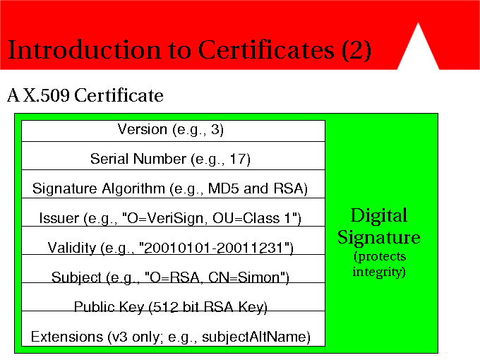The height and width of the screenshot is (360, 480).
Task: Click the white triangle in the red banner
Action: pos(418,51)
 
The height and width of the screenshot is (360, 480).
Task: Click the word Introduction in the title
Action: pos(84,49)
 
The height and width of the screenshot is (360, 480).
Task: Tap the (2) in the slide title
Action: pos(356,50)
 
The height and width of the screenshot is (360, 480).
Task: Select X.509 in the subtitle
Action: pos(47,95)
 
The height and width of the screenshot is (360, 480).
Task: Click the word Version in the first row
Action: pos(143,129)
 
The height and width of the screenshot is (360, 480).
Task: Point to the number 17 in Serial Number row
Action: pos(236,159)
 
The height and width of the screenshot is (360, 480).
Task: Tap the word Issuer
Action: pos(59,218)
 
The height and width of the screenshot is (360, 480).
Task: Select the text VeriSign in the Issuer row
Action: pos(175,218)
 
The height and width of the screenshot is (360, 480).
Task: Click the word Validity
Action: pos(72,248)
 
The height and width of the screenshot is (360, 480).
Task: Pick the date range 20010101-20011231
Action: pos(215,248)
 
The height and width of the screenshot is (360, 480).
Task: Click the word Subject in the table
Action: pos(76,277)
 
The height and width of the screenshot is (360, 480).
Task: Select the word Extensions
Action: pos(67,337)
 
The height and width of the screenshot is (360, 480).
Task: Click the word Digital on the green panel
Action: pos(379,215)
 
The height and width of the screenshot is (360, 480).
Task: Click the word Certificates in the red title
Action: pos(266,49)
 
